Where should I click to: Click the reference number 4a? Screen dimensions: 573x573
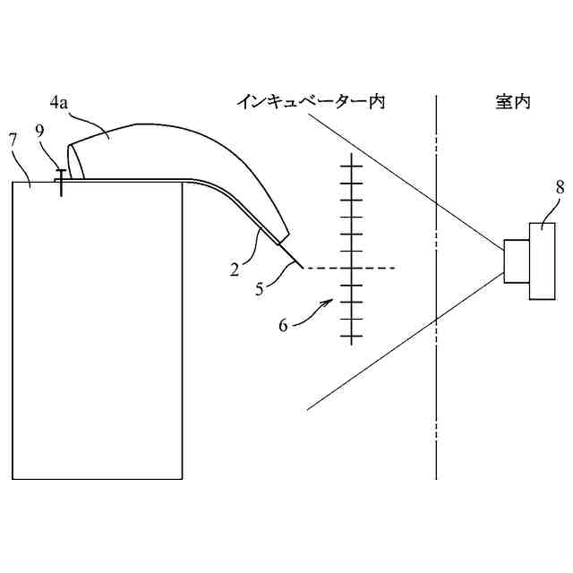[59, 103]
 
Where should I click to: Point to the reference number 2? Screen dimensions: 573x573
[234, 269]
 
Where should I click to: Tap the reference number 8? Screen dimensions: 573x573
[560, 187]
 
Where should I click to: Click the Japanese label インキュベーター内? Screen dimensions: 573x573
[311, 102]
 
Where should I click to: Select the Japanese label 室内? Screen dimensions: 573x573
[511, 102]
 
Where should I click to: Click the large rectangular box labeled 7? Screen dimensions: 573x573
[97, 331]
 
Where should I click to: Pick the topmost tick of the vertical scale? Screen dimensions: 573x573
[352, 165]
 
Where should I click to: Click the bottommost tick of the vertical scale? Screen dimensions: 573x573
[352, 337]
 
